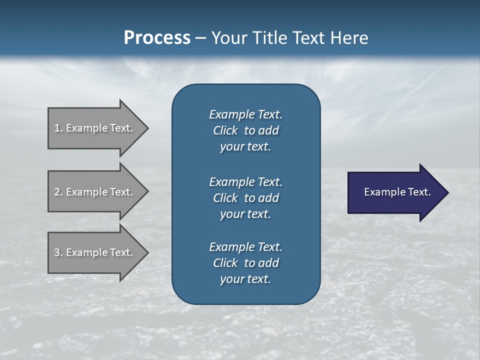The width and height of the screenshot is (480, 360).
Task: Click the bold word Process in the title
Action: click(157, 38)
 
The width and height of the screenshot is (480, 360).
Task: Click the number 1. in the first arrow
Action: click(58, 128)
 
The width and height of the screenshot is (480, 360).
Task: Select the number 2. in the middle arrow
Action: click(58, 192)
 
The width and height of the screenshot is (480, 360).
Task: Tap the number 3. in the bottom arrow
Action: click(58, 252)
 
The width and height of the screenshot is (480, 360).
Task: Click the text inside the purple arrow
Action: click(397, 192)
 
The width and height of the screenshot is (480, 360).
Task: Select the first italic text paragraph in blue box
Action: click(245, 130)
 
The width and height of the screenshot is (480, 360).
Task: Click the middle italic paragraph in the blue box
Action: click(245, 198)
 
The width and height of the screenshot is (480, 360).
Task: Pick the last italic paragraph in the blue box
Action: click(245, 263)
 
